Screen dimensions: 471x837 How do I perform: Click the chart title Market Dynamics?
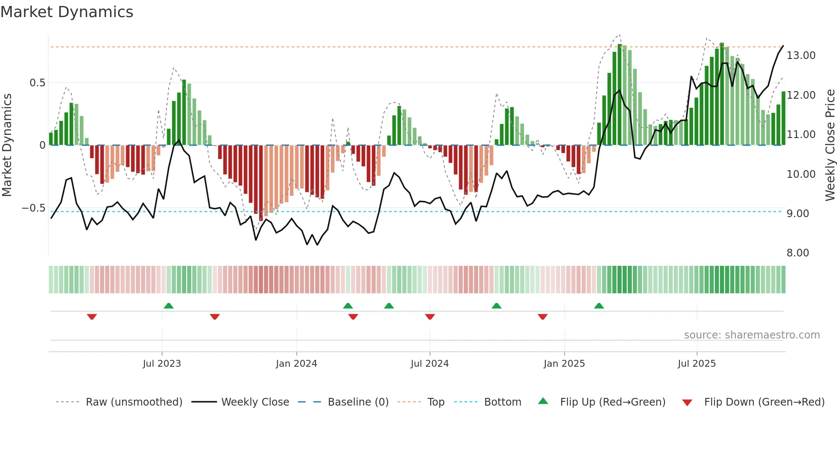(x=67, y=12)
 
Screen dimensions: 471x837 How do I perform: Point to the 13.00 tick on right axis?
(x=801, y=56)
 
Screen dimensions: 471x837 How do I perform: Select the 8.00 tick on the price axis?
(x=797, y=253)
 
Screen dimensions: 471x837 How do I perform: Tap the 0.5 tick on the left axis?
(x=37, y=83)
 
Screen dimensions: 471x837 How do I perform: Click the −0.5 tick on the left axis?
(x=33, y=208)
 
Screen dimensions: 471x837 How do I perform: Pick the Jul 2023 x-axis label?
(x=162, y=364)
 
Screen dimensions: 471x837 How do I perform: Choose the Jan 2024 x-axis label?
(x=296, y=364)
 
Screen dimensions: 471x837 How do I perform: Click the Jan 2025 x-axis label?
(x=564, y=364)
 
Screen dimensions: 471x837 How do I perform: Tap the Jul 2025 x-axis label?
(x=697, y=364)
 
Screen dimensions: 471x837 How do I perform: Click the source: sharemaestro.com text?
(x=752, y=335)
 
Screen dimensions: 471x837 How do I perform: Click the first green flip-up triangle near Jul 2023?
(x=169, y=306)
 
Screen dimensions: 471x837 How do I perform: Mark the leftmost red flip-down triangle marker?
(x=92, y=317)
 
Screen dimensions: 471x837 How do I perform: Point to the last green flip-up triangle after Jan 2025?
(x=599, y=306)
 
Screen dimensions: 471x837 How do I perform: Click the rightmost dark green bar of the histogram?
(x=783, y=118)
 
